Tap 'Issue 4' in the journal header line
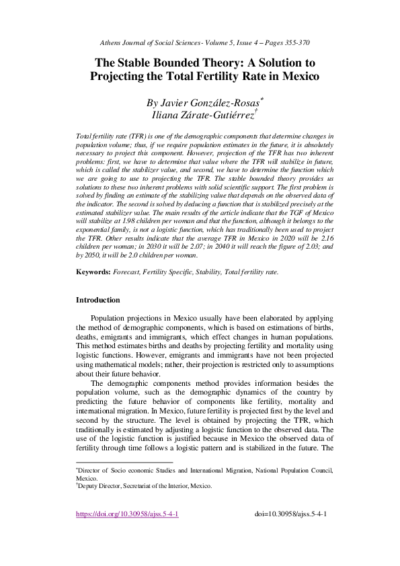pos(240,42)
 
